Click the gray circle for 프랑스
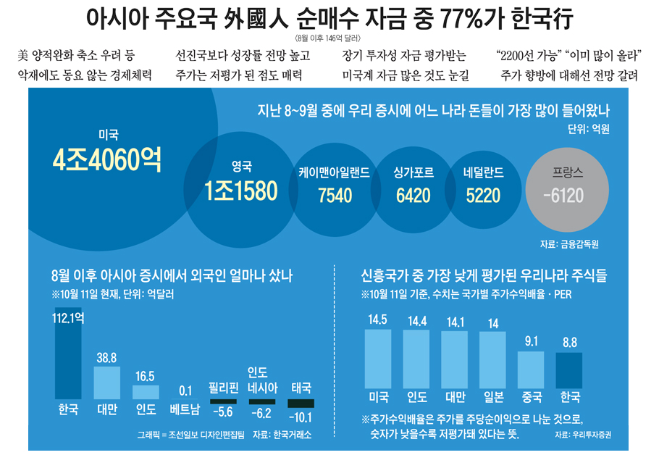[567, 185]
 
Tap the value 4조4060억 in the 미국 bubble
[107, 161]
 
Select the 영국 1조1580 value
[240, 191]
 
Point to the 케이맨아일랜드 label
[335, 173]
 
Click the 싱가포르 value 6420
[413, 195]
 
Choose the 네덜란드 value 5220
[483, 195]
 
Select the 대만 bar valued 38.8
[107, 383]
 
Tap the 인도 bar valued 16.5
[146, 392]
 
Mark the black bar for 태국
[301, 403]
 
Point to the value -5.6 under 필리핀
[223, 413]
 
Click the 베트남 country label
[184, 410]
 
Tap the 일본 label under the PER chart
[493, 397]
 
